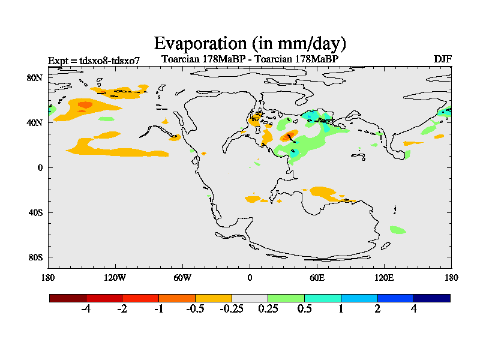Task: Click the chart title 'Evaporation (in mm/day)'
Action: [250, 43]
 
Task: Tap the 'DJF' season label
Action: [442, 59]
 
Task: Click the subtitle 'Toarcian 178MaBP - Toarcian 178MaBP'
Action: [250, 59]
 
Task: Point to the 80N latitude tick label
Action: [35, 78]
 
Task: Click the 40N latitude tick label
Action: [35, 122]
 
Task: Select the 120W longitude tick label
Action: [115, 278]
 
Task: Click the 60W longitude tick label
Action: [182, 278]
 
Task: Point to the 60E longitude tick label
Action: [317, 278]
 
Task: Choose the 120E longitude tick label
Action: [384, 278]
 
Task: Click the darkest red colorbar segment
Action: [68, 298]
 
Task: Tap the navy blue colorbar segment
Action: [432, 298]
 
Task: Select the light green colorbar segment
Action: [286, 298]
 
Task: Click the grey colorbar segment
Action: [250, 298]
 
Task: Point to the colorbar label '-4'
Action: [86, 309]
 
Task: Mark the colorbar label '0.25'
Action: [268, 309]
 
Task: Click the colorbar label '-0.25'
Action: [231, 309]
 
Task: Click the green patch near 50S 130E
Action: [398, 230]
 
